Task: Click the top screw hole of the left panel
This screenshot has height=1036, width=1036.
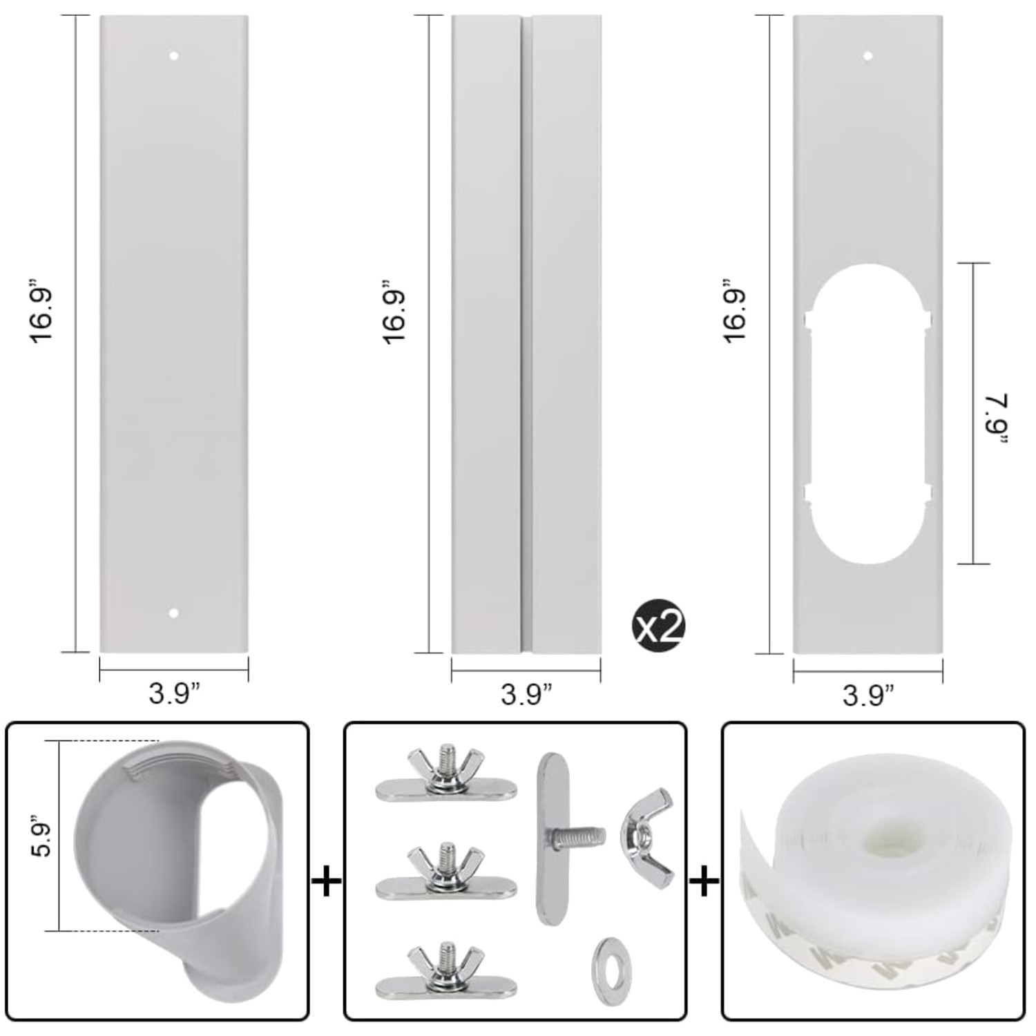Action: coord(174,55)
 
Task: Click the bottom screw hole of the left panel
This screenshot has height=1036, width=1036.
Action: coord(174,613)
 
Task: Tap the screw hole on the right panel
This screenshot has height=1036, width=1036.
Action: coord(868,56)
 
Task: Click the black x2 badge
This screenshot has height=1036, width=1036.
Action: coord(658,627)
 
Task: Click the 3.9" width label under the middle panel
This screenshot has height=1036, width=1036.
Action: coord(526,693)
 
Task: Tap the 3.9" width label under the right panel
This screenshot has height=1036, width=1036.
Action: coord(868,695)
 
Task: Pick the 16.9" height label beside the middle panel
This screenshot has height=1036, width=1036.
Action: coord(394,312)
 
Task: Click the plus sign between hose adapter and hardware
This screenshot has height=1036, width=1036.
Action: coord(326,882)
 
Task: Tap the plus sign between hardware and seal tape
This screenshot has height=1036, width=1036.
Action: coord(704,882)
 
